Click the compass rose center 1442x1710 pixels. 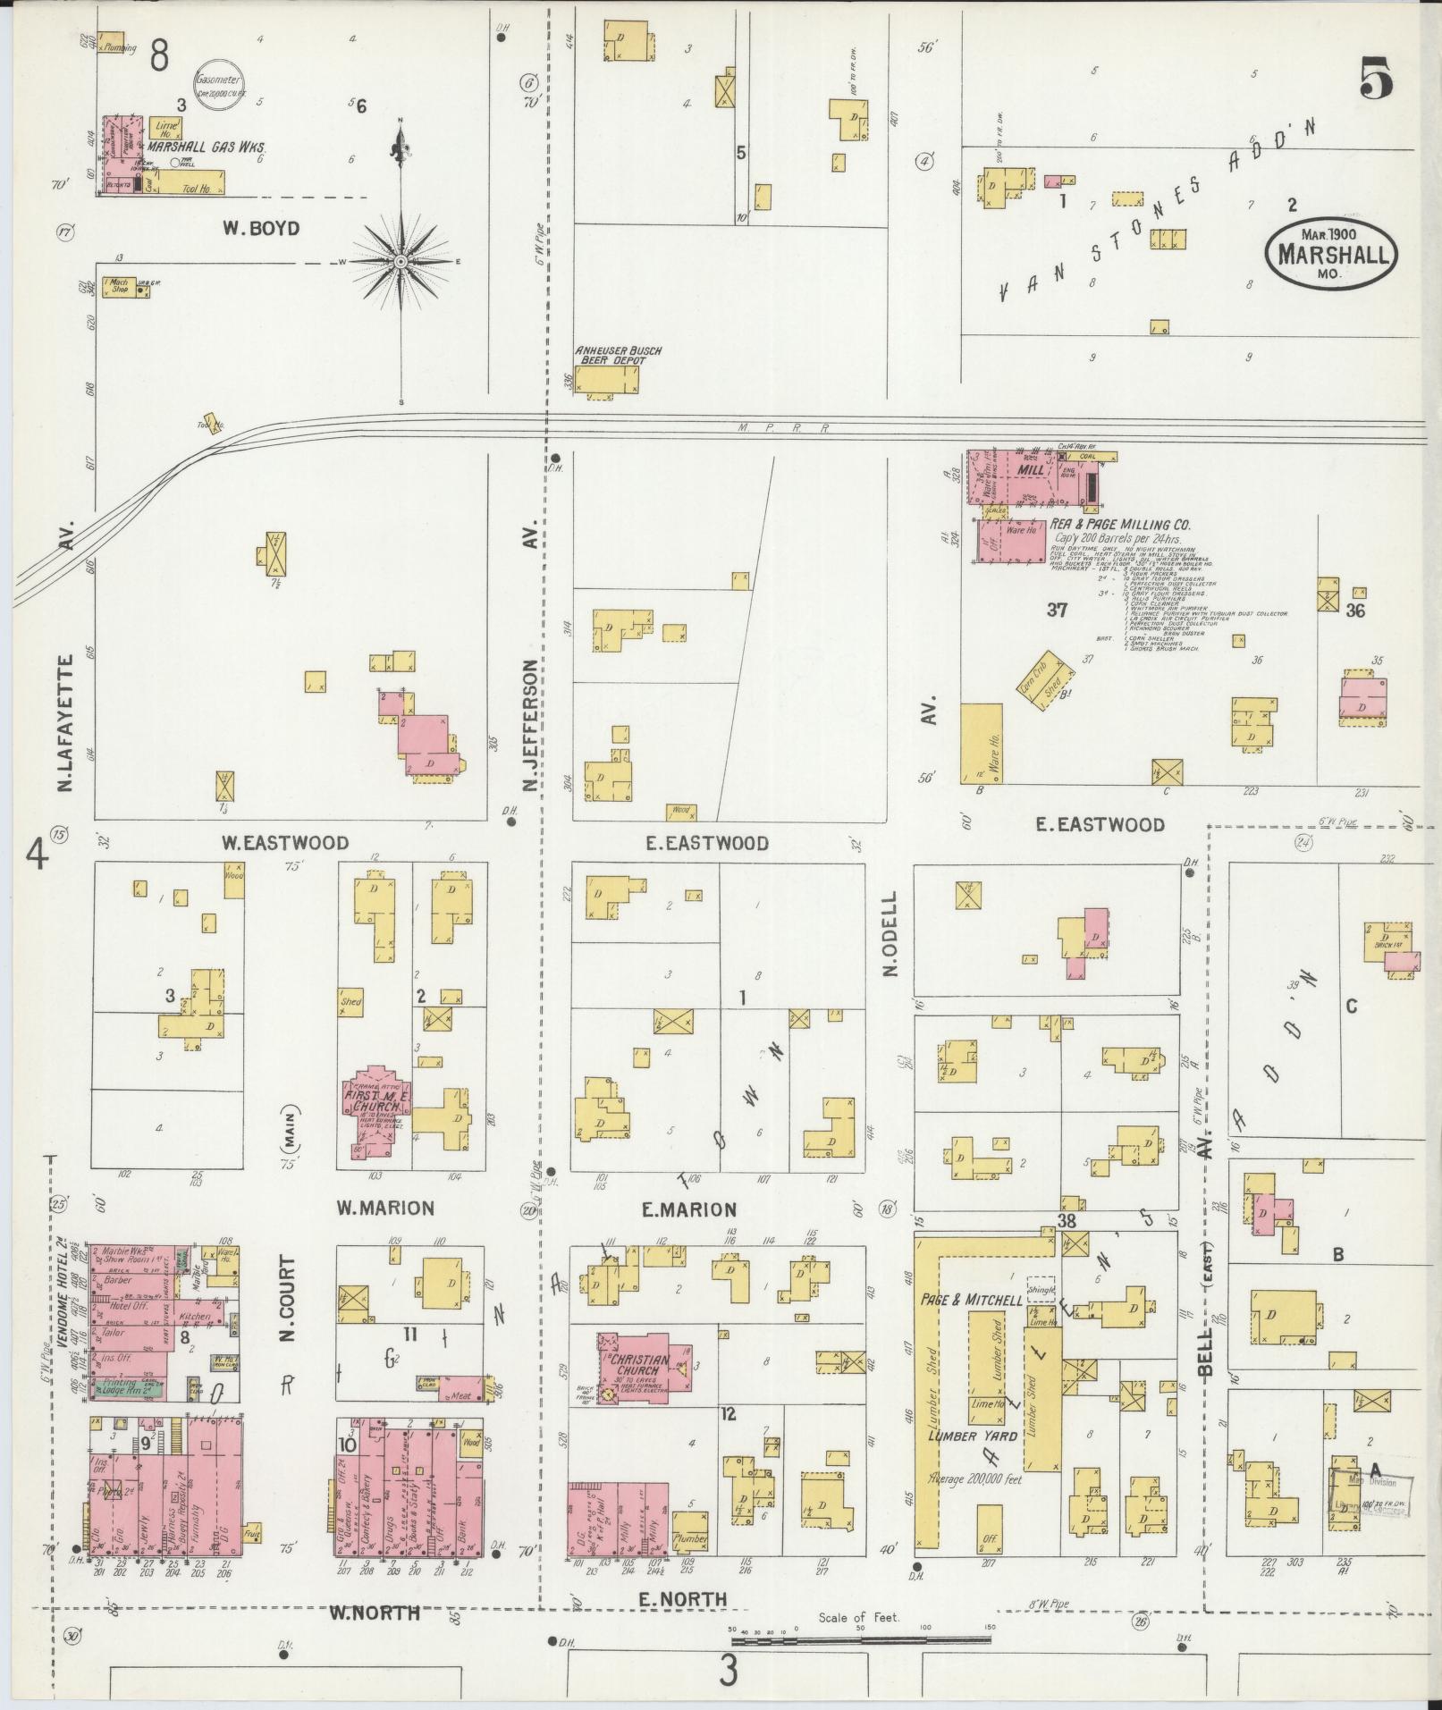(401, 261)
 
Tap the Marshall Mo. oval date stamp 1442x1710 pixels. (1331, 253)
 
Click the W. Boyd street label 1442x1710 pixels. (261, 229)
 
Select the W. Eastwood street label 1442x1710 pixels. (284, 843)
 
